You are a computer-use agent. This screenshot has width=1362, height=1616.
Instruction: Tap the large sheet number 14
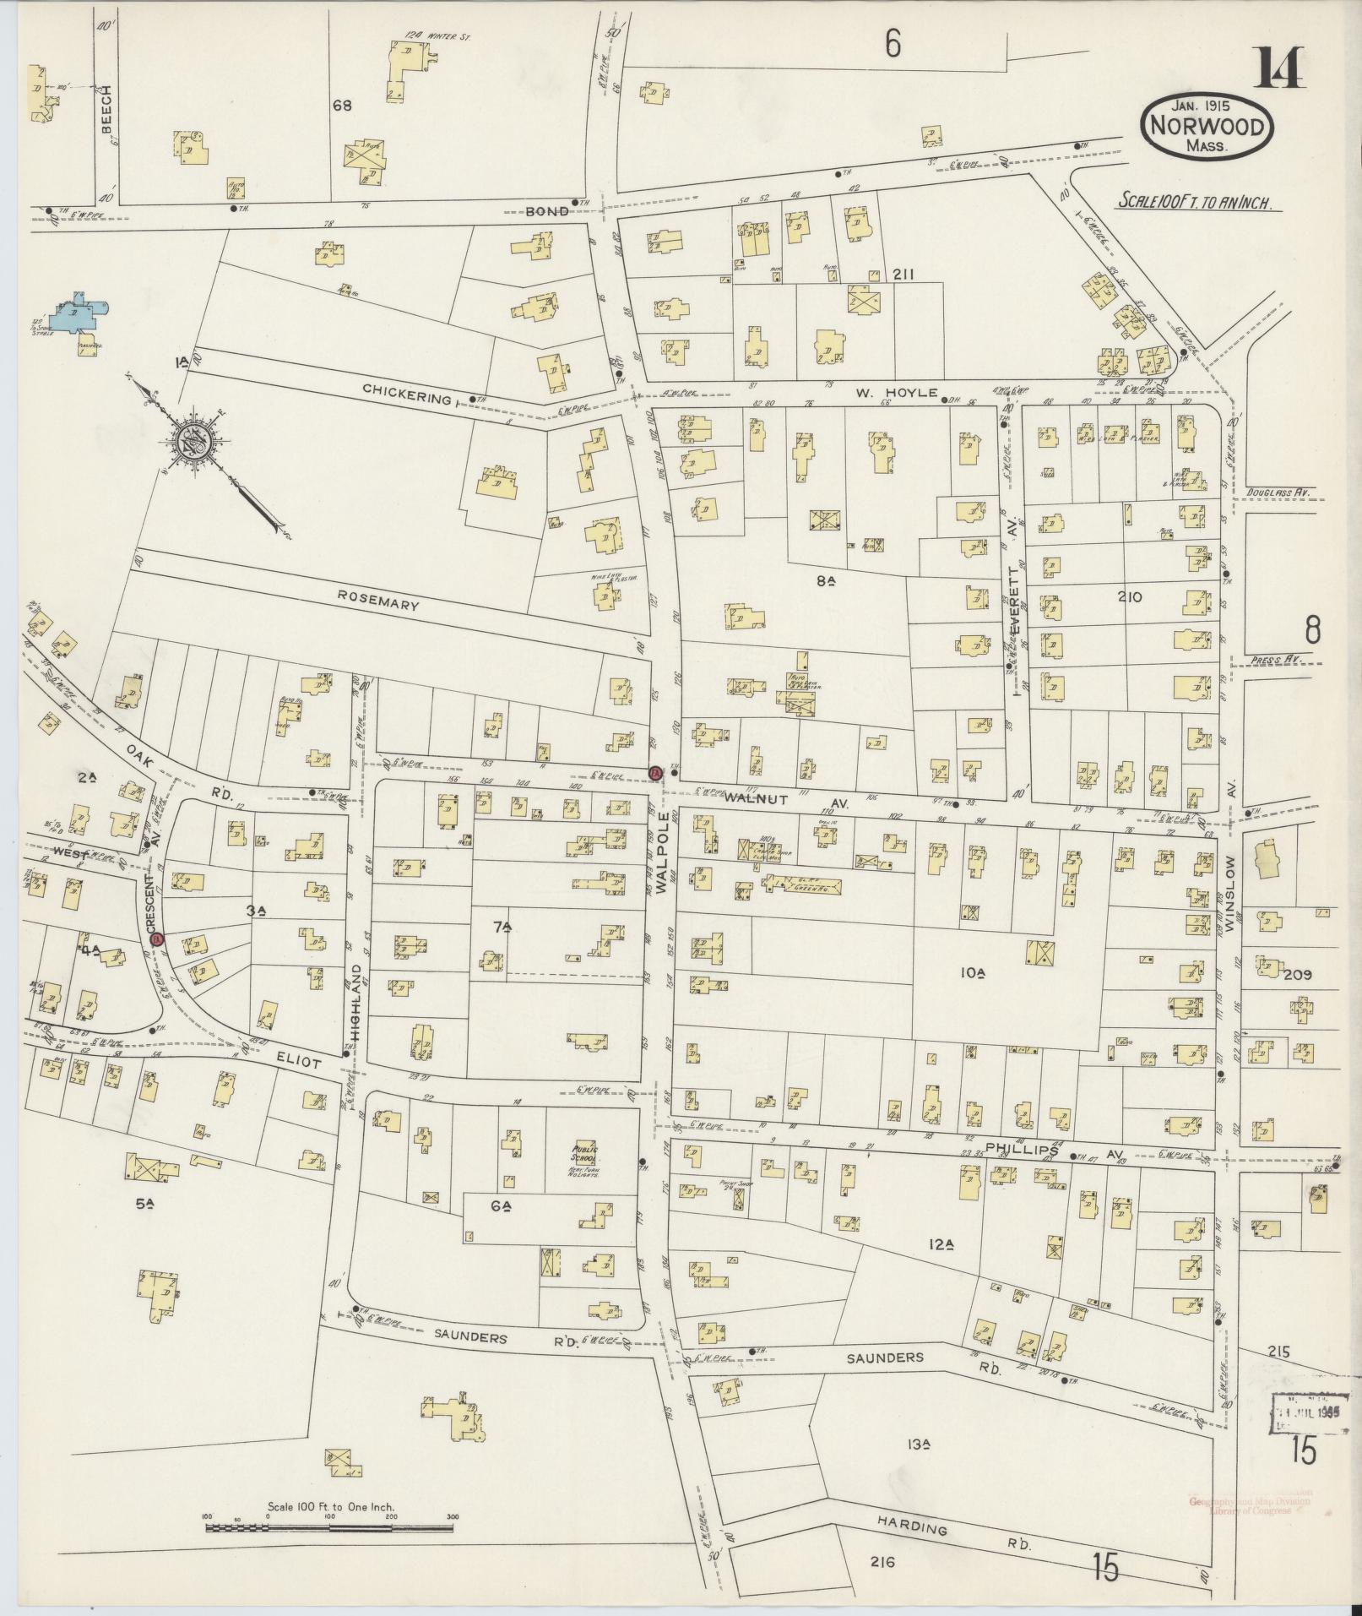pos(1278,68)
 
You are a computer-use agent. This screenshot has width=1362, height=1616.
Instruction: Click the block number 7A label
pos(503,929)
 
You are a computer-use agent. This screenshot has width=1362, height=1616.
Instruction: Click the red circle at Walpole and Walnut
pos(654,772)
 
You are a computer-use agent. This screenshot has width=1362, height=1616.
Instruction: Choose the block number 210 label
pos(1129,596)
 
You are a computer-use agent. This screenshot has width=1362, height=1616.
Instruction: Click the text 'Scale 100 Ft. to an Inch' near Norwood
pos(1196,204)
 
